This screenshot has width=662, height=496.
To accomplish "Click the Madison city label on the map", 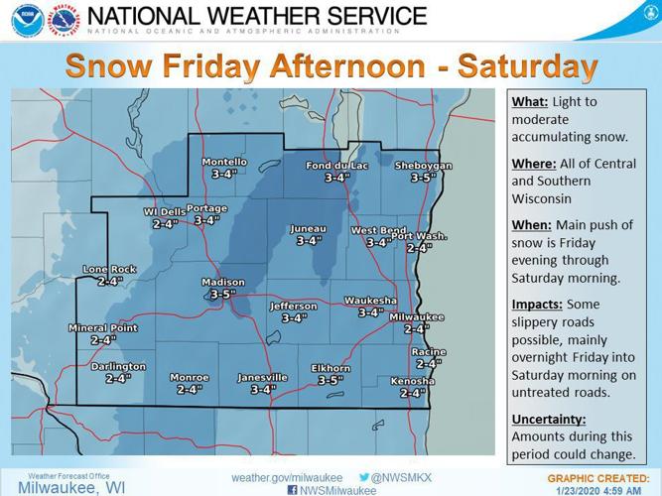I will tap(222, 283).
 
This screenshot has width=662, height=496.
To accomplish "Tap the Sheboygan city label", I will tap(424, 166).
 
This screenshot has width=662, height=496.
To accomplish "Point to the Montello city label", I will tap(224, 162).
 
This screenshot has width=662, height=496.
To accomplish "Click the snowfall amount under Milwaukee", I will tap(416, 328).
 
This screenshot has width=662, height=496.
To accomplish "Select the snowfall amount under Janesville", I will tap(263, 390).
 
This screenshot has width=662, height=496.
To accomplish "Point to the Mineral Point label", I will tap(103, 327).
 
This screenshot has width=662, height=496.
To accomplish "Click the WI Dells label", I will tap(166, 212).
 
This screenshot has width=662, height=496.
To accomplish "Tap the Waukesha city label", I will tap(371, 300).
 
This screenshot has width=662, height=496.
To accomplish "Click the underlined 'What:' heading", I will tap(529, 101).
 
